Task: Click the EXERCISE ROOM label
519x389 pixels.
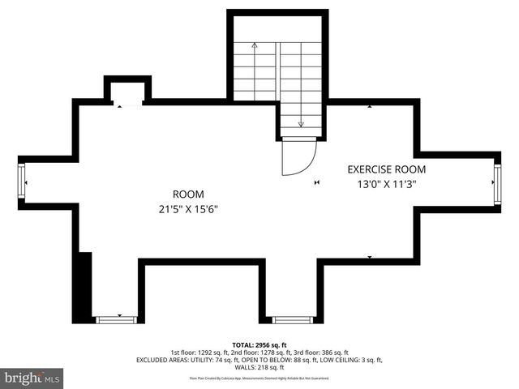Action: tap(386, 170)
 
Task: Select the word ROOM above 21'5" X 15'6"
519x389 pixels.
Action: tap(188, 194)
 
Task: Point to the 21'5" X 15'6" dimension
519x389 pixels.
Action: tap(188, 209)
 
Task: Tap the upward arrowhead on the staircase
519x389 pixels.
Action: tap(255, 46)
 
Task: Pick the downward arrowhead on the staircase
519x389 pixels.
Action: tap(301, 124)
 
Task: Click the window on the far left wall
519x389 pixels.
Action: tap(22, 183)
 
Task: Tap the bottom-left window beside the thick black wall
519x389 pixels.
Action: tap(116, 319)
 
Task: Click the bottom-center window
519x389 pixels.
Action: tap(292, 319)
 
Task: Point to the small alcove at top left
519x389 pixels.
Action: tap(127, 90)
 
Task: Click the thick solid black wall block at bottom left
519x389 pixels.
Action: tap(83, 288)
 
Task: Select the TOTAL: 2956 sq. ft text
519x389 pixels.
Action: tap(259, 344)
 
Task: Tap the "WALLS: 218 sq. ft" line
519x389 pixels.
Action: tap(259, 367)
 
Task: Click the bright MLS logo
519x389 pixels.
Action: tap(32, 378)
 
